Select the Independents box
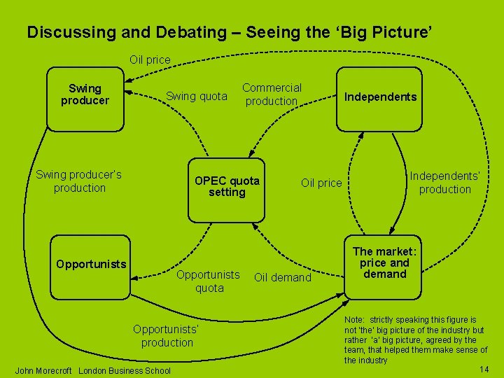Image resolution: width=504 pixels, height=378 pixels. pos(379,98)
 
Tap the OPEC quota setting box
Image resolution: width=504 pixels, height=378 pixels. pos(227,186)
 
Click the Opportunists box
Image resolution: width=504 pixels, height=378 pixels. pos(91,265)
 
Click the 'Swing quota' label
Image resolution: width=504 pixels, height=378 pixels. pos(196,97)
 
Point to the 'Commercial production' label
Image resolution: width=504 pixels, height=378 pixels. pos(272,94)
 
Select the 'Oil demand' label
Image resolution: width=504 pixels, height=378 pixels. pos(282,278)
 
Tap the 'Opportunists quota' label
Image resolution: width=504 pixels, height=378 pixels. pos(208,281)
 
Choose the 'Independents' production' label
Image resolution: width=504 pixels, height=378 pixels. pos(444,183)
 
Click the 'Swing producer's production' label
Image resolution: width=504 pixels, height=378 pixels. pos(79,181)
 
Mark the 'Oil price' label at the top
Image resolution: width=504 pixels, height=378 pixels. pos(150,60)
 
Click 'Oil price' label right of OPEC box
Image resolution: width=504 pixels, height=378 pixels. pos(321,183)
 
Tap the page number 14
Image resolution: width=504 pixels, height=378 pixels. pos(484,369)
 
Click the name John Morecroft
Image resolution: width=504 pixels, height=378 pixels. pos(43,370)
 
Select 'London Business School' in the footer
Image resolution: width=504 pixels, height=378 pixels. pos(125,370)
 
